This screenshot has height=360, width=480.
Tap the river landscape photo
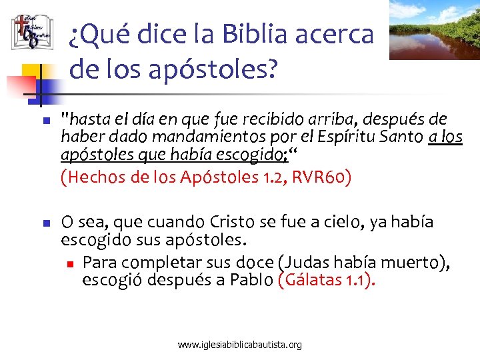pos(434,29)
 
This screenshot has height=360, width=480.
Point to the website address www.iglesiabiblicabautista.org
pos(240,345)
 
